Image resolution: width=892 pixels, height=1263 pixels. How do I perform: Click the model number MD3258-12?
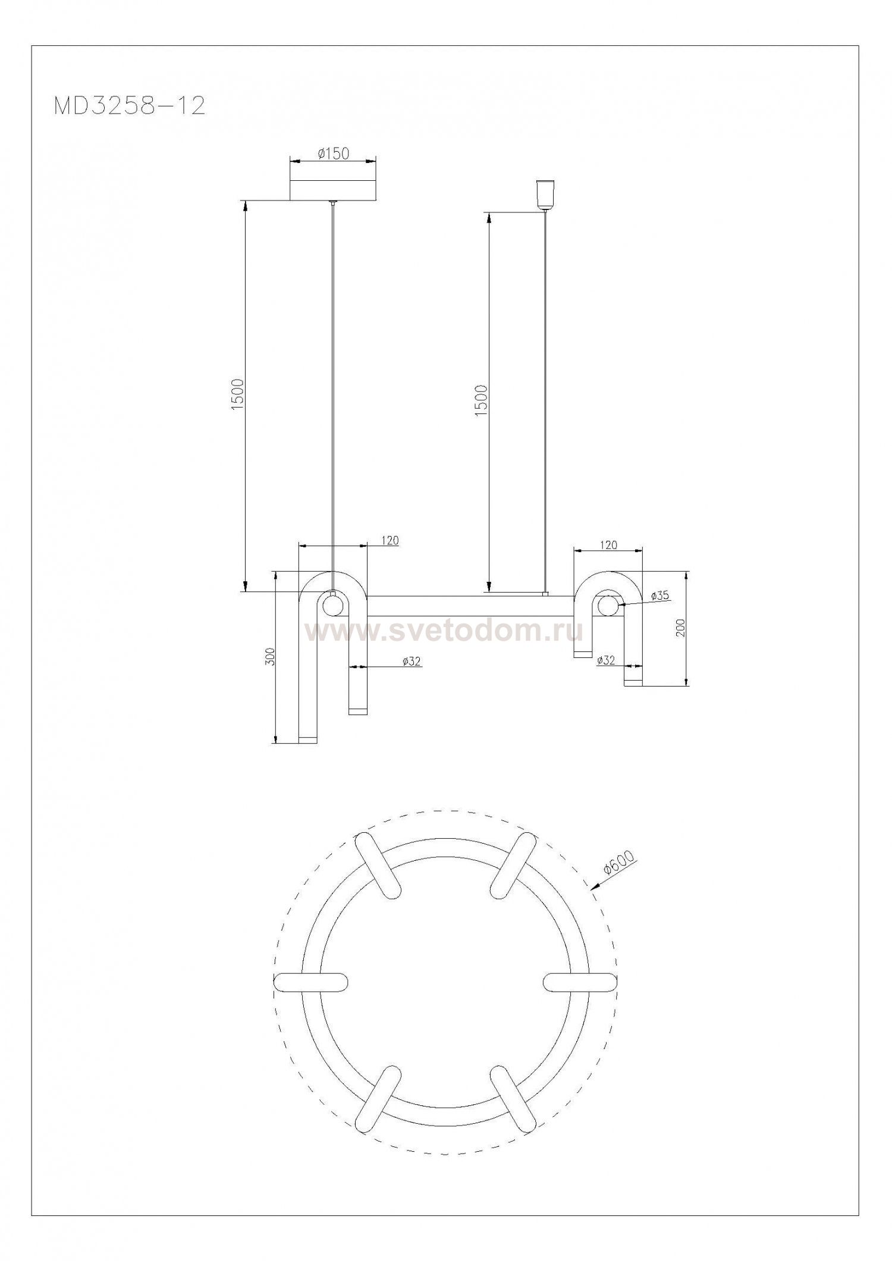coord(130,106)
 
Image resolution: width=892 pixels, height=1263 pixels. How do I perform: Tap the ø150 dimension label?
coord(333,154)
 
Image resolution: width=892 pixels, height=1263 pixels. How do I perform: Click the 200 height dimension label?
coord(681,628)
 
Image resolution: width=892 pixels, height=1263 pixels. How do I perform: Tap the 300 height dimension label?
coord(271,656)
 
